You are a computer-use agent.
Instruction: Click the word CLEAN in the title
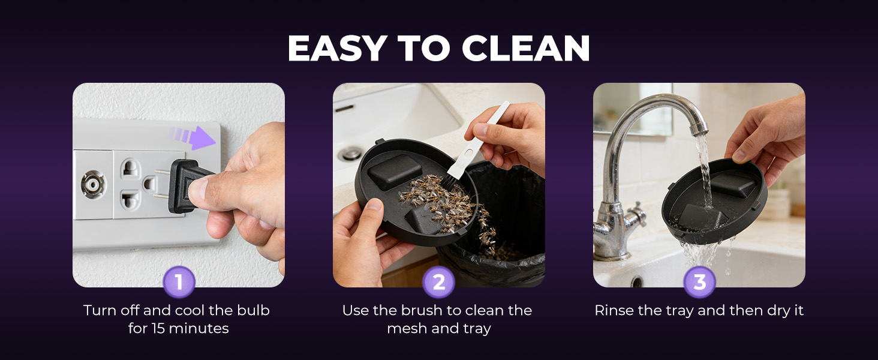526,49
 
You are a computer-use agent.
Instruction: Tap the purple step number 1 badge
178,282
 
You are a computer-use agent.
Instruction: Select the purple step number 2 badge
439,282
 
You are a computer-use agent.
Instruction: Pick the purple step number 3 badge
699,282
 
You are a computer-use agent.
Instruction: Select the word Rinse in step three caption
613,311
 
